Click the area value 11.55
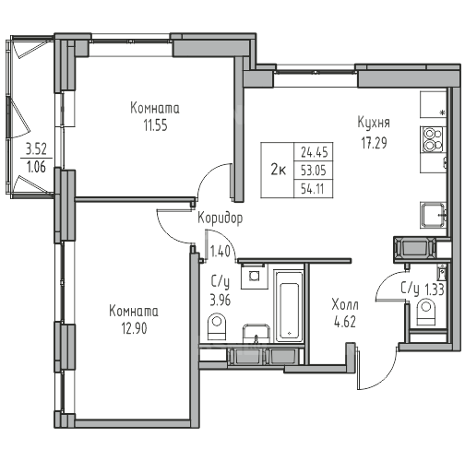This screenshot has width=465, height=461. point(156,125)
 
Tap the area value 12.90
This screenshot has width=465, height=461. point(135,328)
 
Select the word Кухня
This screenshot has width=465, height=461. point(374,123)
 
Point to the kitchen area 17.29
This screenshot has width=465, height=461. point(374,143)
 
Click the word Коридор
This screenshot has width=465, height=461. point(220,219)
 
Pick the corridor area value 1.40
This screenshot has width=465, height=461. point(221,252)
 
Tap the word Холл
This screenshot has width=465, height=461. point(345,305)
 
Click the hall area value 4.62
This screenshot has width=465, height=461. point(345,322)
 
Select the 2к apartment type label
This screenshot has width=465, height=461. point(279,170)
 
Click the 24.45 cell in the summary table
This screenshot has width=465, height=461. point(315,152)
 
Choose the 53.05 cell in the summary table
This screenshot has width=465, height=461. point(314,171)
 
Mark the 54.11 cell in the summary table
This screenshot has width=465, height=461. point(313,188)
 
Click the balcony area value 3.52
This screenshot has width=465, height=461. point(36,149)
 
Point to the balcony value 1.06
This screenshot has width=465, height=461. point(36,167)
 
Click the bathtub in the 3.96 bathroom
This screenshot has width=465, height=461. point(288,306)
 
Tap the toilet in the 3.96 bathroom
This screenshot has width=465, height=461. point(217,325)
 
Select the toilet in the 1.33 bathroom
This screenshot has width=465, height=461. point(426,313)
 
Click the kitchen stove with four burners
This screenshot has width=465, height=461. point(432,139)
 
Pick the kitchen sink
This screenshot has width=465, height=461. point(433,215)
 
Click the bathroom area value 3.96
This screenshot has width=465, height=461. point(221,300)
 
